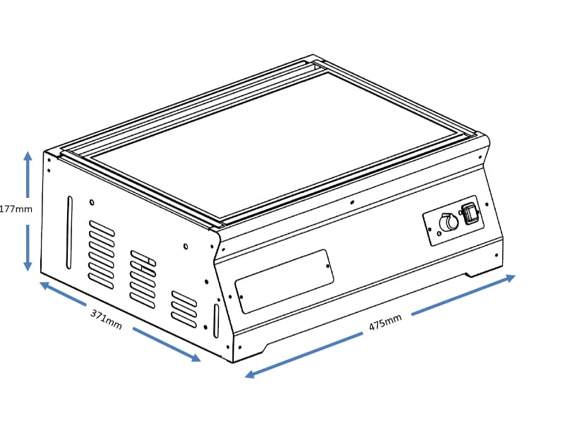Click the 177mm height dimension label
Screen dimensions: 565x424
[x=16, y=209]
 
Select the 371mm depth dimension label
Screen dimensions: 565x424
[x=106, y=319]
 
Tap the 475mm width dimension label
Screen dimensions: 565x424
[x=385, y=322]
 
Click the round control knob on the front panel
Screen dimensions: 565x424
[x=449, y=222]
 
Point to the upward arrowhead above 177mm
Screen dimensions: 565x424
[x=28, y=155]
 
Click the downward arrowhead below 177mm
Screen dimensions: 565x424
[x=28, y=267]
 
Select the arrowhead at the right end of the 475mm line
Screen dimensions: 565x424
[x=510, y=278]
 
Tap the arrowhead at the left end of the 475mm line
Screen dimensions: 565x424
[x=250, y=374]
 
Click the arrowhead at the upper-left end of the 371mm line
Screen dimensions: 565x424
[x=44, y=285]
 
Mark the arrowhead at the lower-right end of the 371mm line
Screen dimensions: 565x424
[x=196, y=358]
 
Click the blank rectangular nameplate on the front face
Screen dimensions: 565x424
[x=285, y=281]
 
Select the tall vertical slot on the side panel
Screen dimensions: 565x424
[x=69, y=232]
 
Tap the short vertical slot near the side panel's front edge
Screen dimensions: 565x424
[x=216, y=321]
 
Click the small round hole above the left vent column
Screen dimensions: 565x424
[x=92, y=202]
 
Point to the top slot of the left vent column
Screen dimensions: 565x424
[x=102, y=228]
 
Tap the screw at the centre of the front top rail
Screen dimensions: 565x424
[x=352, y=202]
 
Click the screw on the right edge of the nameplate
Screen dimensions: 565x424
[x=328, y=266]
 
